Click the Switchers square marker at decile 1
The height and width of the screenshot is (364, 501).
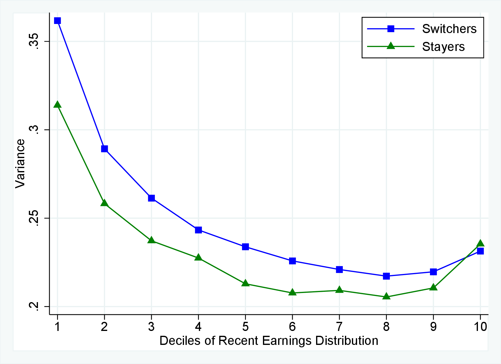pyautogui.click(x=57, y=21)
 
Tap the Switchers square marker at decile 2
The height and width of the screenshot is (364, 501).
pyautogui.click(x=104, y=149)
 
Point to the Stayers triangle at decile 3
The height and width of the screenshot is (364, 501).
pyautogui.click(x=151, y=241)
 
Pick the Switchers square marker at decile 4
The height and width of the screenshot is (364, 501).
pyautogui.click(x=198, y=230)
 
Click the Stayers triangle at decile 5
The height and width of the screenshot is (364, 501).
pyautogui.click(x=245, y=284)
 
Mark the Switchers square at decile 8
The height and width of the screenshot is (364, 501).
pyautogui.click(x=386, y=276)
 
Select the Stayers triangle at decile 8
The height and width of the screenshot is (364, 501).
pyautogui.click(x=386, y=296)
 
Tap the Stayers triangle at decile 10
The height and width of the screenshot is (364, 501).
pyautogui.click(x=480, y=244)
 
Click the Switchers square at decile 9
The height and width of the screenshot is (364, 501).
pyautogui.click(x=433, y=272)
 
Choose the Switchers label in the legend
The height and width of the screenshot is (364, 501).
pyautogui.click(x=449, y=29)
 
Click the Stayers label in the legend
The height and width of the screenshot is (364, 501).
pyautogui.click(x=443, y=47)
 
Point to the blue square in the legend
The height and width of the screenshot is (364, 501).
pyautogui.click(x=391, y=29)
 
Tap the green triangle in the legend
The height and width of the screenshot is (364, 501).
pyautogui.click(x=391, y=46)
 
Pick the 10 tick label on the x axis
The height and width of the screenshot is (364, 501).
pyautogui.click(x=480, y=327)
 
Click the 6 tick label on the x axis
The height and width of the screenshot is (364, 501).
pyautogui.click(x=292, y=327)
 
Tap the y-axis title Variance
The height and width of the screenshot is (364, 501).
pyautogui.click(x=20, y=164)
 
